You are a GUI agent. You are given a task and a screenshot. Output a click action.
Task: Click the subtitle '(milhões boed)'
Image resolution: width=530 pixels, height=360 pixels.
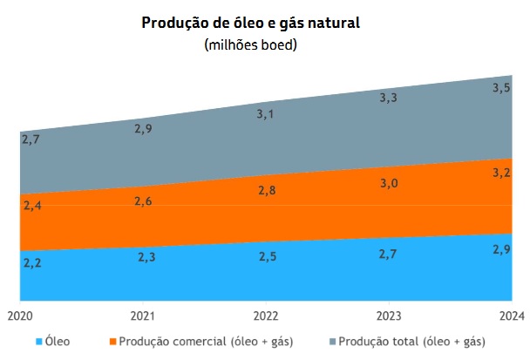tap(251, 44)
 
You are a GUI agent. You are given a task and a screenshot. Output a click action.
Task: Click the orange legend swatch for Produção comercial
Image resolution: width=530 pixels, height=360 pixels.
tap(112, 341)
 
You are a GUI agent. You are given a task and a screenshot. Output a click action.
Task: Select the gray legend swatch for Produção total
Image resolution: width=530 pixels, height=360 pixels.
tap(330, 341)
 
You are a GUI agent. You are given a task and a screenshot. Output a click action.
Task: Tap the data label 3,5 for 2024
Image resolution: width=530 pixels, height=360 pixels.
tap(501, 88)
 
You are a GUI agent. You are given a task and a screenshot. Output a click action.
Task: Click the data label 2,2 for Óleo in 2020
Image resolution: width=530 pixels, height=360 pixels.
tap(31, 263)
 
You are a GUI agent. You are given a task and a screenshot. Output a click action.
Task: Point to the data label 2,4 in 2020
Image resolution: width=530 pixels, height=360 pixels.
tap(31, 207)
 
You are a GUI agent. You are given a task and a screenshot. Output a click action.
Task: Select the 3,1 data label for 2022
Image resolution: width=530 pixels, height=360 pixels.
tap(266, 113)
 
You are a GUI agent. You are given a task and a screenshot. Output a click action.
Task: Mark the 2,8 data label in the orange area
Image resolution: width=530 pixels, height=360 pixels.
tap(266, 191)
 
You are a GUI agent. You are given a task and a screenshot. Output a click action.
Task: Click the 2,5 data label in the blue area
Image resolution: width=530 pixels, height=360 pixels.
tap(266, 256)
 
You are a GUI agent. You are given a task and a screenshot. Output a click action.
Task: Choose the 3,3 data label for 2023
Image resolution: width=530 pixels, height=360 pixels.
tap(388, 98)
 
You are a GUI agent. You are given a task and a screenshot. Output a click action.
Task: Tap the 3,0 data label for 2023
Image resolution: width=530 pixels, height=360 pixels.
tap(388, 182)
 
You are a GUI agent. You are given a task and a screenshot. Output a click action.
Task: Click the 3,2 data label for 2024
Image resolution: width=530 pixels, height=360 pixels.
tap(501, 173)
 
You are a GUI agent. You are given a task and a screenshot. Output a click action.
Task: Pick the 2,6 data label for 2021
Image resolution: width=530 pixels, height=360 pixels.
tap(144, 201)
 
